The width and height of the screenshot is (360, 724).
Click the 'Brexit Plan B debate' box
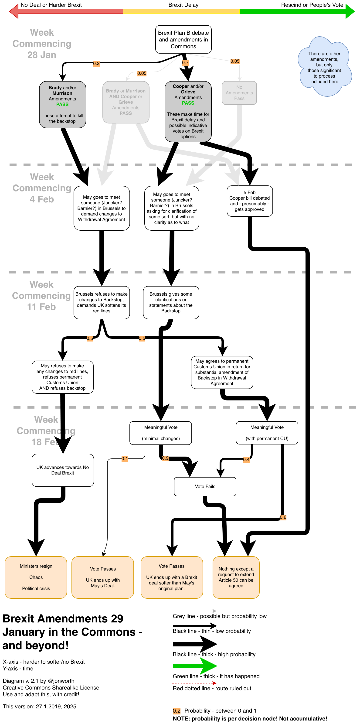pos(183,39)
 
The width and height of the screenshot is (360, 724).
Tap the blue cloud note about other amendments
pos(324,68)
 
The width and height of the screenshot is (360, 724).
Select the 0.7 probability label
pos(185,63)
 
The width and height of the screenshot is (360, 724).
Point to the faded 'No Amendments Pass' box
pos(239,93)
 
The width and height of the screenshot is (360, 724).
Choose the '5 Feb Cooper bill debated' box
pos(250,201)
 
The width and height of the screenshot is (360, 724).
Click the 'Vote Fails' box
pos(205,486)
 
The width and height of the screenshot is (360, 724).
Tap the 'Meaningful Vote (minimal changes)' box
pos(160,433)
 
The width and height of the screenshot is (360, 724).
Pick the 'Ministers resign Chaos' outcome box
pos(36,577)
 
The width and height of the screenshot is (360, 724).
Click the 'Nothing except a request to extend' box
pos(236,577)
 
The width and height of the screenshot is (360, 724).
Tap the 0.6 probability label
pos(283,517)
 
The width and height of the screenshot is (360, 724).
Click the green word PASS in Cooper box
pos(188,103)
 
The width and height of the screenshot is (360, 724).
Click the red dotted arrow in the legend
pos(194,683)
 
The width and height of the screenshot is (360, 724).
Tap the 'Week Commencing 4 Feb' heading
pos(42,188)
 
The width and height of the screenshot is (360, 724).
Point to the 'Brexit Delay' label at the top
pos(183,5)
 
